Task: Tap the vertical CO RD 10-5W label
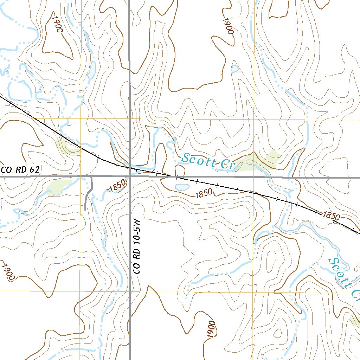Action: [137, 247]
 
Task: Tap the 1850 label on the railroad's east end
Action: [331, 215]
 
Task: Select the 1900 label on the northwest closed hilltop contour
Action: [57, 23]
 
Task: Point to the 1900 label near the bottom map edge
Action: [211, 329]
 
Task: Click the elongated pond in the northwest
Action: [92, 70]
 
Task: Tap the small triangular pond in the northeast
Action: [235, 69]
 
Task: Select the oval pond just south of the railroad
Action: [182, 187]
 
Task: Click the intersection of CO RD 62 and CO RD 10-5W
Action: [130, 177]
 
